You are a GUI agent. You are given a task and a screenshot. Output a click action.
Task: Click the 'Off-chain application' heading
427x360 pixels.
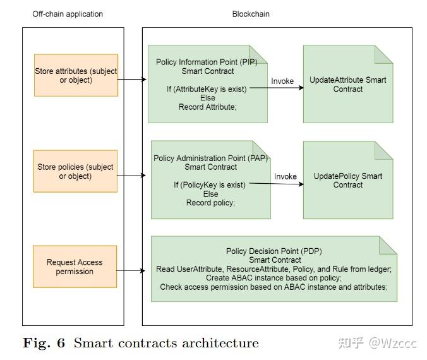click(x=68, y=14)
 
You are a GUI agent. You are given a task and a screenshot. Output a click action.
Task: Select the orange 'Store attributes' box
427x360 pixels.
click(x=76, y=75)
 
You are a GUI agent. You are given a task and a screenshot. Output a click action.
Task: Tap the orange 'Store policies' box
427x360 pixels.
click(x=76, y=171)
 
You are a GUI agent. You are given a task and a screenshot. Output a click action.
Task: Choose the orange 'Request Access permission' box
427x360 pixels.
click(x=75, y=267)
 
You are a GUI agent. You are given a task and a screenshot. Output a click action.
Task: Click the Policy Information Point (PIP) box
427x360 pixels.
click(x=208, y=84)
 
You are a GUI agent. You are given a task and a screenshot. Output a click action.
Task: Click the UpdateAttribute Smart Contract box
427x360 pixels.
click(x=347, y=84)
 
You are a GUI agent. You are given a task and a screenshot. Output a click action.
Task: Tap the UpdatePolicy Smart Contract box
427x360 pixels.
click(x=347, y=180)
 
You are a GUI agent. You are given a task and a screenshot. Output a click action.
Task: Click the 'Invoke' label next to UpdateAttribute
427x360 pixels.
click(x=282, y=81)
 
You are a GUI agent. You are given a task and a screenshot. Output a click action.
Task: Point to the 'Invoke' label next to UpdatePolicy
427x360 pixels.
click(x=286, y=176)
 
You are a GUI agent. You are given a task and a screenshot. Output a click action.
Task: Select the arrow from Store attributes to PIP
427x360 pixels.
click(x=133, y=80)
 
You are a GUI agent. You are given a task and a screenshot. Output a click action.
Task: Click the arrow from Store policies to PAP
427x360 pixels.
click(x=133, y=176)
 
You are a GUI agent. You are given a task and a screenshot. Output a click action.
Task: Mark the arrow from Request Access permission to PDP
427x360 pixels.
click(x=134, y=271)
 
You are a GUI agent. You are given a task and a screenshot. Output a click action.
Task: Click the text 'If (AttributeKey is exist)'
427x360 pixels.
click(x=207, y=89)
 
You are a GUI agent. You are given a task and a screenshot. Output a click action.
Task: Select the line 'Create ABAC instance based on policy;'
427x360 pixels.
click(x=274, y=278)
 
